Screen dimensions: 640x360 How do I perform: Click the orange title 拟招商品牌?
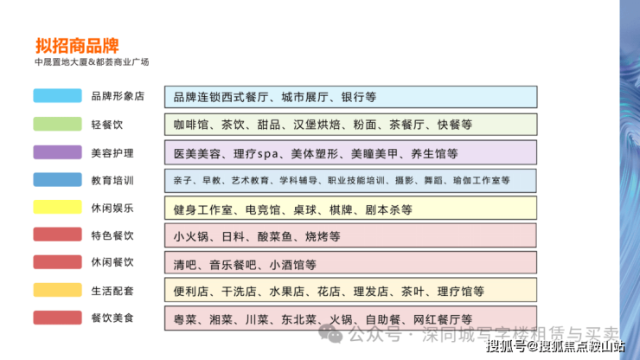[77, 45]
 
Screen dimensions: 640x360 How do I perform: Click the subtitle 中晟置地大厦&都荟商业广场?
[92, 62]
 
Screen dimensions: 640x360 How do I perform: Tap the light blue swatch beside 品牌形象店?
[58, 95]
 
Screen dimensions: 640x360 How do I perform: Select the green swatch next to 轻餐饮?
[58, 124]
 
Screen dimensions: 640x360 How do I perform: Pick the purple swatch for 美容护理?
[58, 152]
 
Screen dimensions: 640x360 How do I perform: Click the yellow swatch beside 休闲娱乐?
[58, 207]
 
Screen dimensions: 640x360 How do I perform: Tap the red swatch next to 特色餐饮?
[58, 235]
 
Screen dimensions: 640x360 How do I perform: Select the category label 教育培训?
[112, 180]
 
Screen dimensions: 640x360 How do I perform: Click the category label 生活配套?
[112, 291]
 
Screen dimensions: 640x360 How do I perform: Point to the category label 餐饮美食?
[112, 318]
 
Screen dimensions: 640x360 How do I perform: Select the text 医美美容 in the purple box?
[197, 154]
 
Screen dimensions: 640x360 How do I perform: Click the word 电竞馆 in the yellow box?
[263, 210]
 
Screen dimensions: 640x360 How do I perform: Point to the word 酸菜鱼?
[275, 236]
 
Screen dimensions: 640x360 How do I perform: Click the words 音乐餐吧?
[233, 265]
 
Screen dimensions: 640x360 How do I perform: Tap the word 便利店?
[191, 292]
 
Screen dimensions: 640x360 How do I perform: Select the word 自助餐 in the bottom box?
[383, 319]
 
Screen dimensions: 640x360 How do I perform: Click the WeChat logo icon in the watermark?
[330, 333]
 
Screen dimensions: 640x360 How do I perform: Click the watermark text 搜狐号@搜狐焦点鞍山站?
[555, 346]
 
